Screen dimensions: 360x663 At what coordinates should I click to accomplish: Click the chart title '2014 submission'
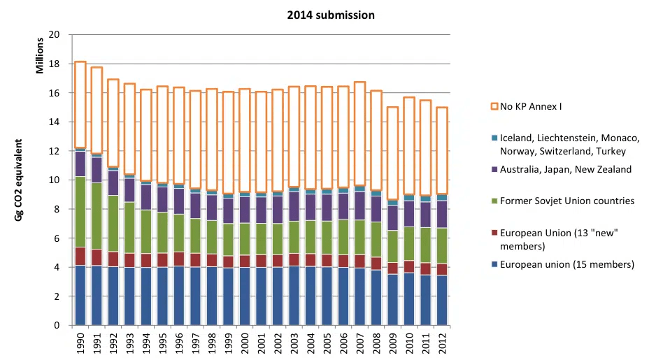point(331,15)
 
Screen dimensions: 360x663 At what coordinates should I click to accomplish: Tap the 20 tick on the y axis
point(55,35)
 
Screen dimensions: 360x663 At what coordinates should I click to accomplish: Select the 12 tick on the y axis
point(55,151)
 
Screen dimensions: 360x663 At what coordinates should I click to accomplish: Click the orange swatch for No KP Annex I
point(494,107)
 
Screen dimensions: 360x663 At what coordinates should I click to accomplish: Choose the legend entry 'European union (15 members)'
point(569,264)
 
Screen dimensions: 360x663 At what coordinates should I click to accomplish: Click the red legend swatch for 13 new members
point(494,233)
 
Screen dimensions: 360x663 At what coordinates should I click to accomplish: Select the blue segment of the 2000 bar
point(245,296)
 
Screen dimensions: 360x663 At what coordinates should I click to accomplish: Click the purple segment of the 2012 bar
point(442,214)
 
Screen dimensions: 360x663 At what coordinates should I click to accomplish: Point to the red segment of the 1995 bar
point(162,260)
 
